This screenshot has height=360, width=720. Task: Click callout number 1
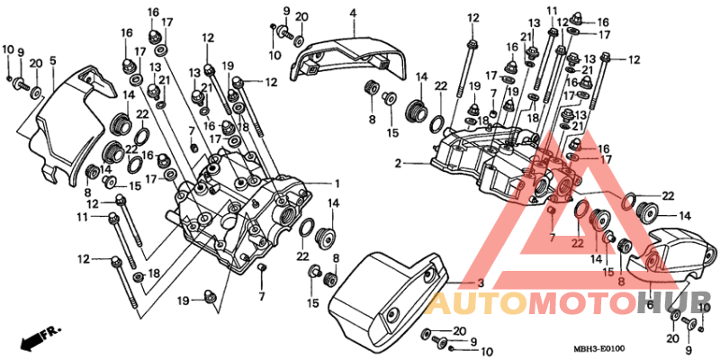click(336, 183)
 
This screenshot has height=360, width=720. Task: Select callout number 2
click(397, 163)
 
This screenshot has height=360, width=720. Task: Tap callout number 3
click(480, 283)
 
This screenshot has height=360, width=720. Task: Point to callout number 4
click(353, 13)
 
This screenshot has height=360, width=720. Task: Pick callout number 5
click(53, 61)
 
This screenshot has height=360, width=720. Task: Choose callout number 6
click(651, 304)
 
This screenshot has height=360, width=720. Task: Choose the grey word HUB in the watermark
click(680, 302)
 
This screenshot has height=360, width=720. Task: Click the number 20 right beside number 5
click(36, 62)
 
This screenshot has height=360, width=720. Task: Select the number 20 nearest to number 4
click(301, 16)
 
